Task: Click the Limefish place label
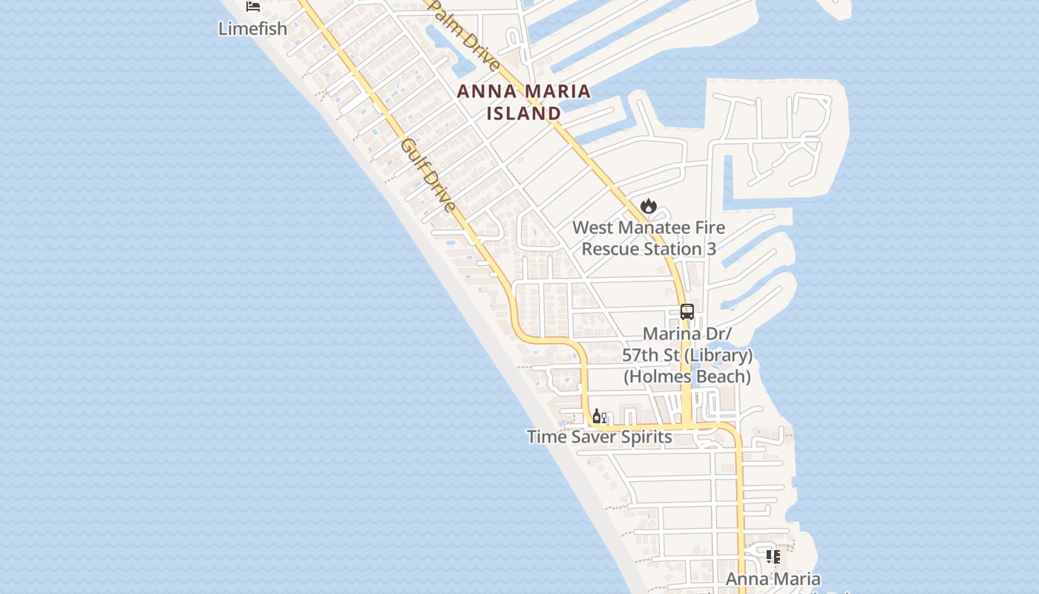click(x=252, y=29)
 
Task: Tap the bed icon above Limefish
click(x=253, y=7)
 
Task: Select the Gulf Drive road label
click(x=428, y=174)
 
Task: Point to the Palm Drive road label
click(x=466, y=36)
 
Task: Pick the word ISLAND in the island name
click(x=524, y=114)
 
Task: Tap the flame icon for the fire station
click(x=649, y=206)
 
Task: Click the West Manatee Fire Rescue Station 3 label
click(x=649, y=238)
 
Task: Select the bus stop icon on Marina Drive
click(x=687, y=312)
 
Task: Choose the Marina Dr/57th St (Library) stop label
click(x=687, y=345)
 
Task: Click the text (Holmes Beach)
click(x=687, y=376)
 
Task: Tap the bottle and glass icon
click(x=600, y=416)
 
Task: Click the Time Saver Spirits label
click(x=600, y=437)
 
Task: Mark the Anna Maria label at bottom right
click(x=773, y=579)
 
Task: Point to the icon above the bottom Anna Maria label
click(x=773, y=556)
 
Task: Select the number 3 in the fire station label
click(x=712, y=249)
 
